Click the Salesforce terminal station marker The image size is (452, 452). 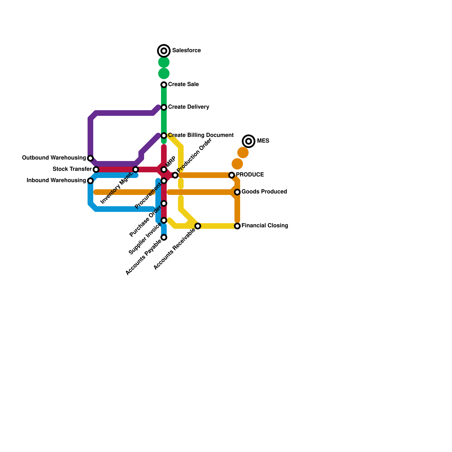click(164, 51)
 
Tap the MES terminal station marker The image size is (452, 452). click(249, 141)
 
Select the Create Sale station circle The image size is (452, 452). click(164, 85)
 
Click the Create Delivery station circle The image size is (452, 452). click(164, 107)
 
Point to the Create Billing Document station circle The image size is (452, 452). click(164, 136)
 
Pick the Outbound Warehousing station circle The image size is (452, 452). click(90, 158)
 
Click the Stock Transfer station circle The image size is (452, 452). click(96, 169)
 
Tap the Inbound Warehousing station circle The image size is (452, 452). click(90, 181)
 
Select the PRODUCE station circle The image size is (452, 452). click(232, 175)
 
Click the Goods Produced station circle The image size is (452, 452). click(237, 192)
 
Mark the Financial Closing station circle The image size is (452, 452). click(237, 226)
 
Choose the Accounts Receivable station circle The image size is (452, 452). click(198, 226)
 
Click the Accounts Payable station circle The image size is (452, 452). click(164, 237)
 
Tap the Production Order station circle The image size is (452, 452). click(175, 175)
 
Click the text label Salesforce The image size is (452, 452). click(186, 51)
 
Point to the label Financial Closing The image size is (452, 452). click(265, 226)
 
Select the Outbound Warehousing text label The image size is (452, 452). click(54, 158)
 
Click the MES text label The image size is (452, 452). click(263, 141)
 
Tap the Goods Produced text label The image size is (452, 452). click(264, 192)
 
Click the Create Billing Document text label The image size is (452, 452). click(201, 135)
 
